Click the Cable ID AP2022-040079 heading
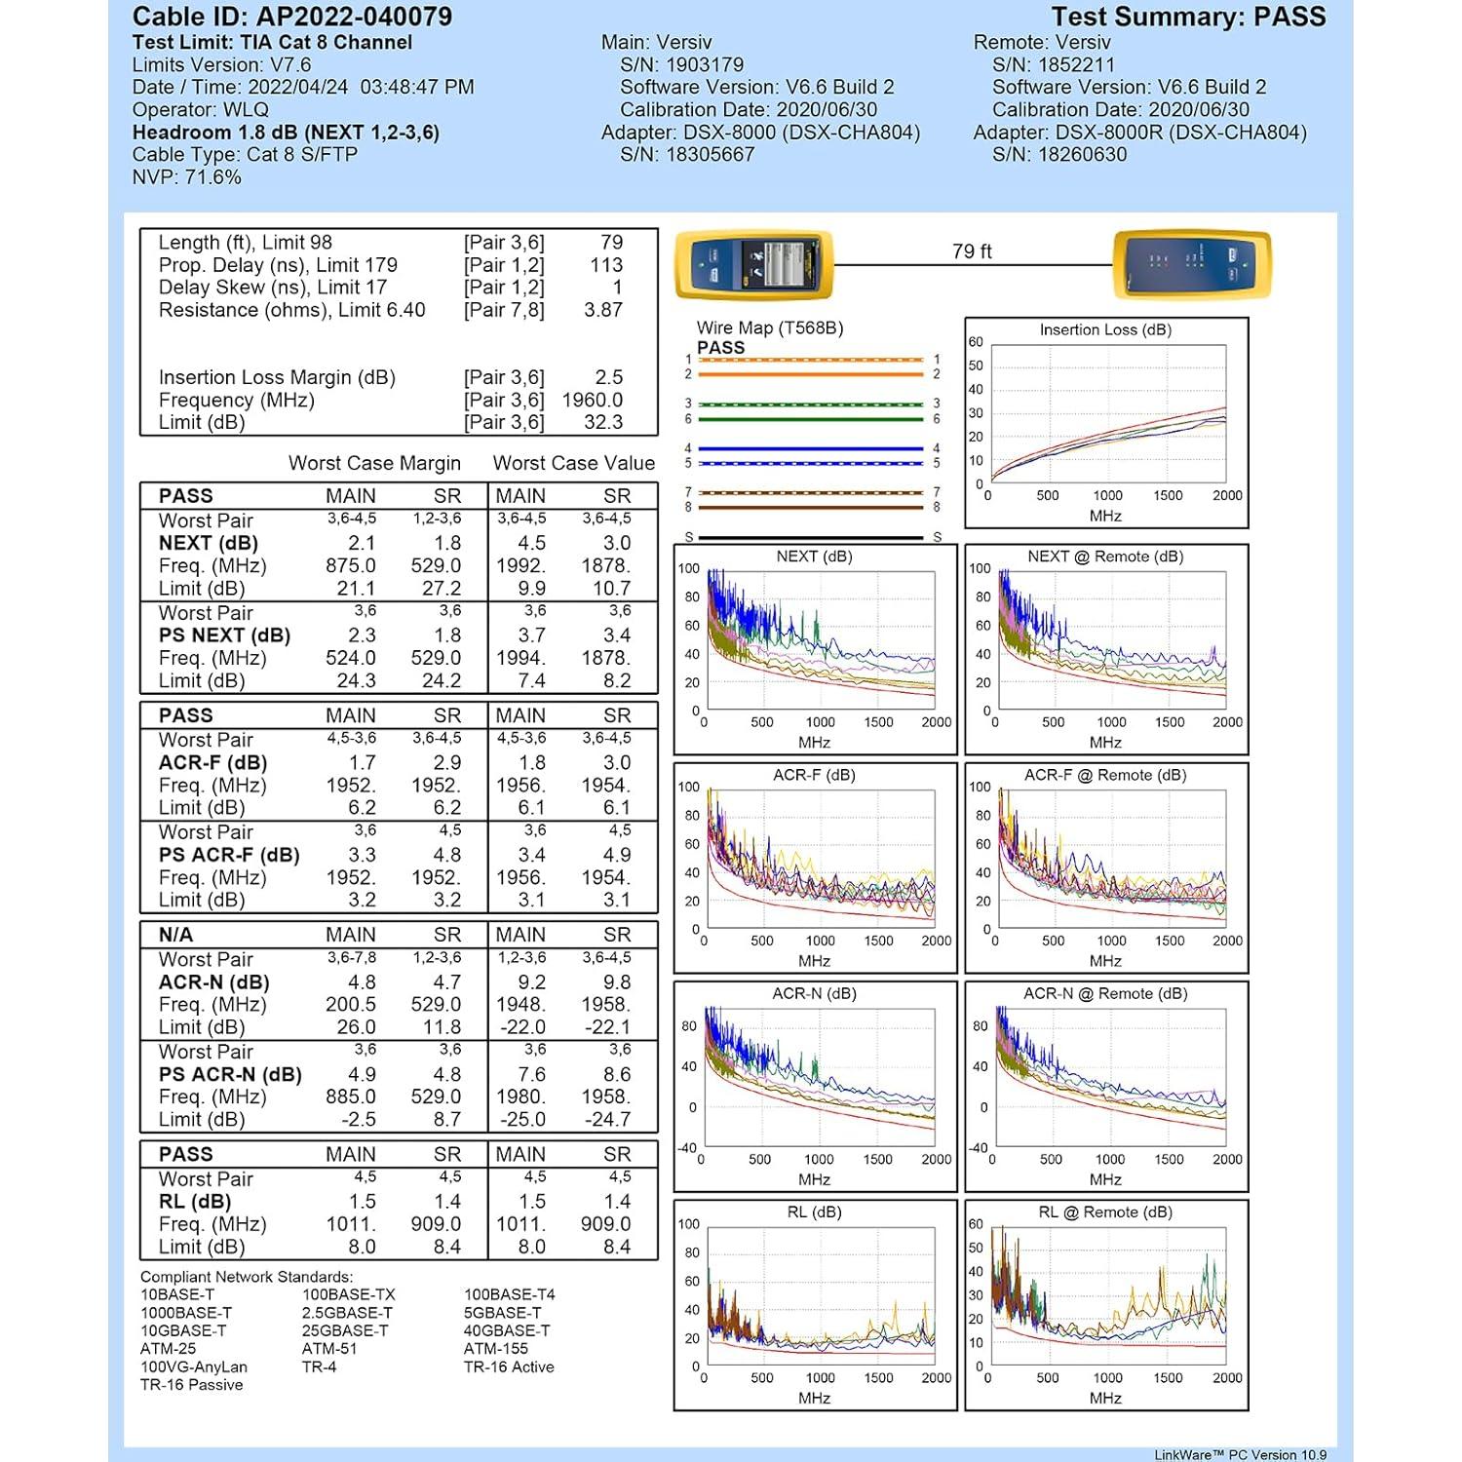coord(291,17)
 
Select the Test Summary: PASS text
coord(1188,17)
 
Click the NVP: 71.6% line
coord(186,176)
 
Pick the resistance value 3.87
coord(602,310)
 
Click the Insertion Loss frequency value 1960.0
coord(592,400)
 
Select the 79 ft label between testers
coord(972,251)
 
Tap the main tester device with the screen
coord(753,264)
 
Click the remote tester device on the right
coord(1192,264)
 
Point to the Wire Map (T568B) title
coord(769,327)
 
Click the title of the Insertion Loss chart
coord(1105,329)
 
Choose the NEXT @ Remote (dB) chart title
coord(1105,557)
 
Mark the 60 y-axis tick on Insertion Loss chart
coord(976,342)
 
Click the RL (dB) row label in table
coord(195,1202)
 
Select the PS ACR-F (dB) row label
coord(229,855)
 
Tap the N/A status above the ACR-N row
coord(176,935)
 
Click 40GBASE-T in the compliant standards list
coord(507,1330)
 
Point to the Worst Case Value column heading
coord(573,463)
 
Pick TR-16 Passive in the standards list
coord(191,1385)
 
